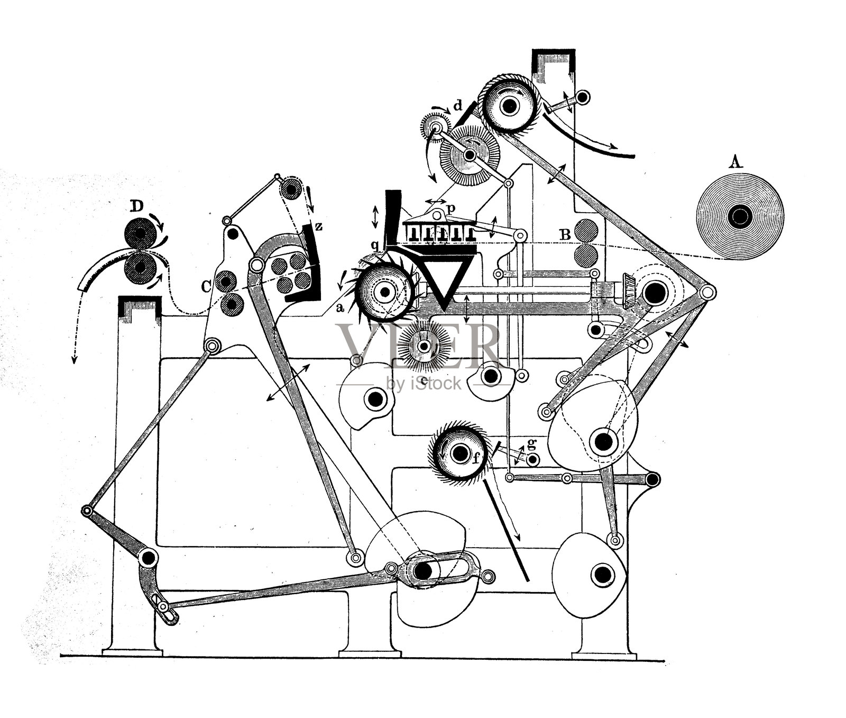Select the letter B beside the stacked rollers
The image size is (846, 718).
pyautogui.click(x=565, y=235)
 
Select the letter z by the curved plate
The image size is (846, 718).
pyautogui.click(x=318, y=227)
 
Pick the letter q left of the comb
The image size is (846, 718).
pyautogui.click(x=375, y=244)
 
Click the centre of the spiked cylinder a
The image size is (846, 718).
pyautogui.click(x=385, y=292)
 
